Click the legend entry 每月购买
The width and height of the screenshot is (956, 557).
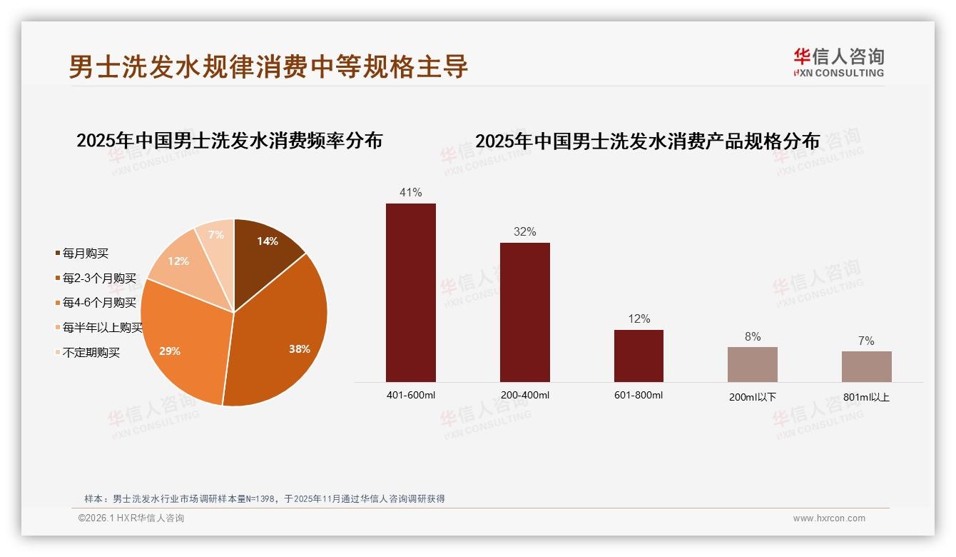85,254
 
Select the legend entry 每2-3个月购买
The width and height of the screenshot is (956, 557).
98,278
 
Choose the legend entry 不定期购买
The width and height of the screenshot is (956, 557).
91,353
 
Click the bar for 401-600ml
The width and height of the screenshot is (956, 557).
411,293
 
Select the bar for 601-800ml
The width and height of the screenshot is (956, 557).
639,356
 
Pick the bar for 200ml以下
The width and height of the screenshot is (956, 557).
753,364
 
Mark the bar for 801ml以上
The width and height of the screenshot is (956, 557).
866,366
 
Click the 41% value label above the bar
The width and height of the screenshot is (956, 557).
411,193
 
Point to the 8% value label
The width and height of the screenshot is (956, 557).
753,336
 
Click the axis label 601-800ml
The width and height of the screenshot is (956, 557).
639,396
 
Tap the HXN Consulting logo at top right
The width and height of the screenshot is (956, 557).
838,63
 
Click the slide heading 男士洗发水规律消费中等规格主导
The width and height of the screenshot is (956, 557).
268,66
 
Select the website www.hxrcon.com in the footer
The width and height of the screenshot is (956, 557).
829,518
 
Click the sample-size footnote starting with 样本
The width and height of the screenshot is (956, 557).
264,498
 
